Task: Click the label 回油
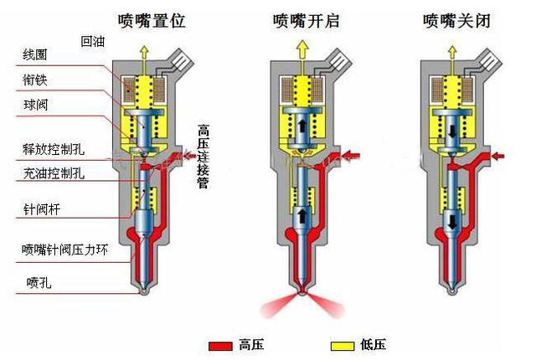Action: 92,40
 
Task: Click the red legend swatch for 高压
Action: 220,345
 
